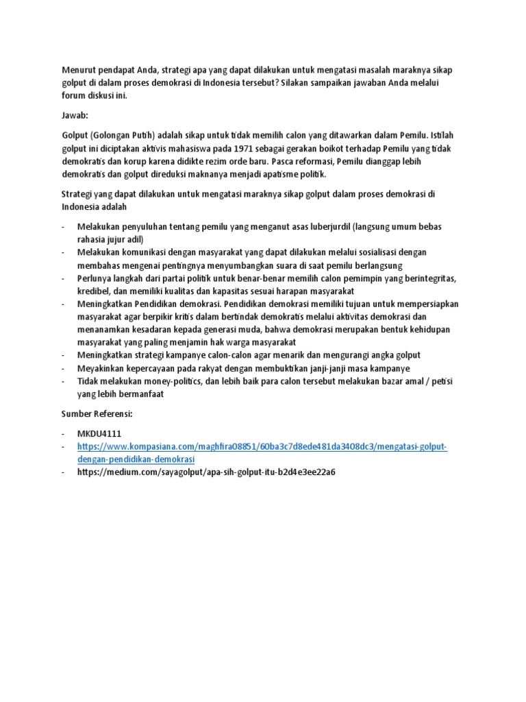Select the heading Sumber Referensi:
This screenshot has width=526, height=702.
pos(96,414)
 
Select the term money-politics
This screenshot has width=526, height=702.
pos(158,381)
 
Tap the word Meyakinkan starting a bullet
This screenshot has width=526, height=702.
pos(105,368)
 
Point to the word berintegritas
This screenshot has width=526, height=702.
pos(427,278)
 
